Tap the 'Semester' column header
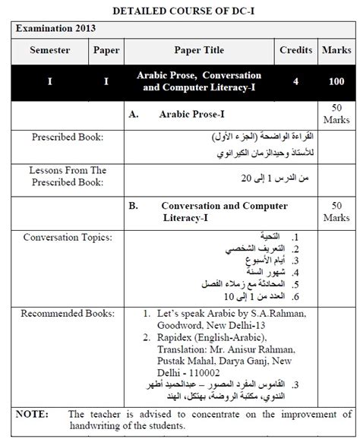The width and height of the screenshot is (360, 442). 49,51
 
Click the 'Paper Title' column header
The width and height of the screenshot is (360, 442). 199,51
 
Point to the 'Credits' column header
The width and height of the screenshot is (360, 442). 296,51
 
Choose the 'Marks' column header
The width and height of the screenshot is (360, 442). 336,51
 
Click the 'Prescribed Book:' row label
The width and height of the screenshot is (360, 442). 68,137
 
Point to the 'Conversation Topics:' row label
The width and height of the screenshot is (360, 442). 67,238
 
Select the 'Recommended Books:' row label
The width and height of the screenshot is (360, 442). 67,312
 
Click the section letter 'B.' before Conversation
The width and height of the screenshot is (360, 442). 133,206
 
